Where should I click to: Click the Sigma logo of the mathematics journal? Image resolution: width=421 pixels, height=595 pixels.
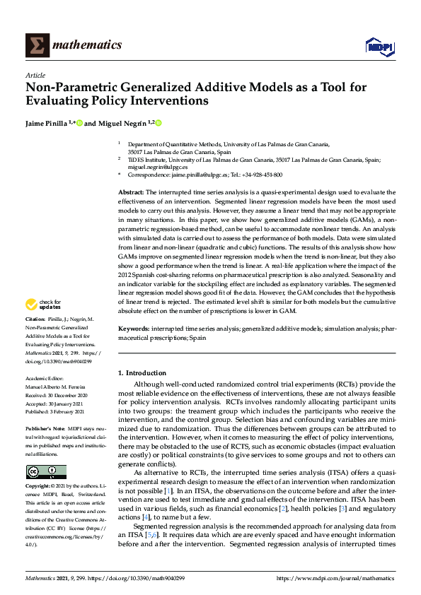pyautogui.click(x=36, y=45)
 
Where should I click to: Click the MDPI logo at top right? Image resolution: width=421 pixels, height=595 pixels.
pyautogui.click(x=379, y=47)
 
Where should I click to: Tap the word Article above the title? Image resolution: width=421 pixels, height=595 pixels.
pyautogui.click(x=35, y=75)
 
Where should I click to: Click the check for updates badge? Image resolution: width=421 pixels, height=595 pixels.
pyautogui.click(x=44, y=305)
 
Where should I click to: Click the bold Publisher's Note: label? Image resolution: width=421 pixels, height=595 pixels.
pyautogui.click(x=46, y=429)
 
